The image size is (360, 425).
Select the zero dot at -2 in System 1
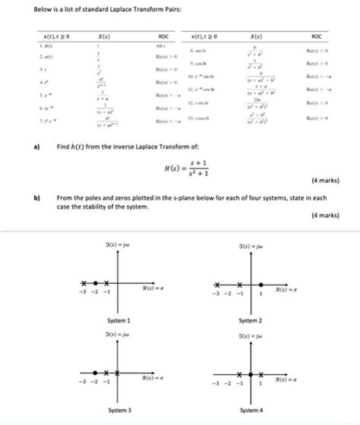click(x=96, y=281)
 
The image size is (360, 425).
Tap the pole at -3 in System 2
click(x=216, y=282)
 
